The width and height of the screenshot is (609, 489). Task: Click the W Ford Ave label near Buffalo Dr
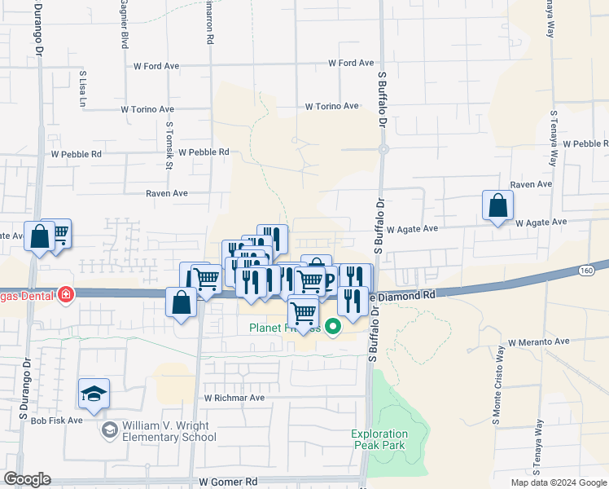coord(351,63)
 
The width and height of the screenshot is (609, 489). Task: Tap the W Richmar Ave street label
coord(234,399)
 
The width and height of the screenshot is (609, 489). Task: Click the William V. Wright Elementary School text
coord(169,432)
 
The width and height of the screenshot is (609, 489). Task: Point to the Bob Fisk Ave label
coord(57,421)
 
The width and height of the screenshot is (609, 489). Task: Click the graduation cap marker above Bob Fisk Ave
coord(94,394)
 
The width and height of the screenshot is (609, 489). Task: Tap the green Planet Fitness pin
coord(332,328)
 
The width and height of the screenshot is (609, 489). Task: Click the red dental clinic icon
coord(65,294)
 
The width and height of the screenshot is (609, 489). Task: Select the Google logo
coord(27,479)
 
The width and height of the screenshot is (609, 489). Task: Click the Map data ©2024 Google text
coord(559,482)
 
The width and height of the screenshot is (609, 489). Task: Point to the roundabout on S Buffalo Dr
coord(383,149)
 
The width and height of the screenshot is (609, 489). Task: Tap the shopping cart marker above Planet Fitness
coord(303,312)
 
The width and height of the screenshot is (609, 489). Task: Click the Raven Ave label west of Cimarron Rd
coord(167,194)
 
